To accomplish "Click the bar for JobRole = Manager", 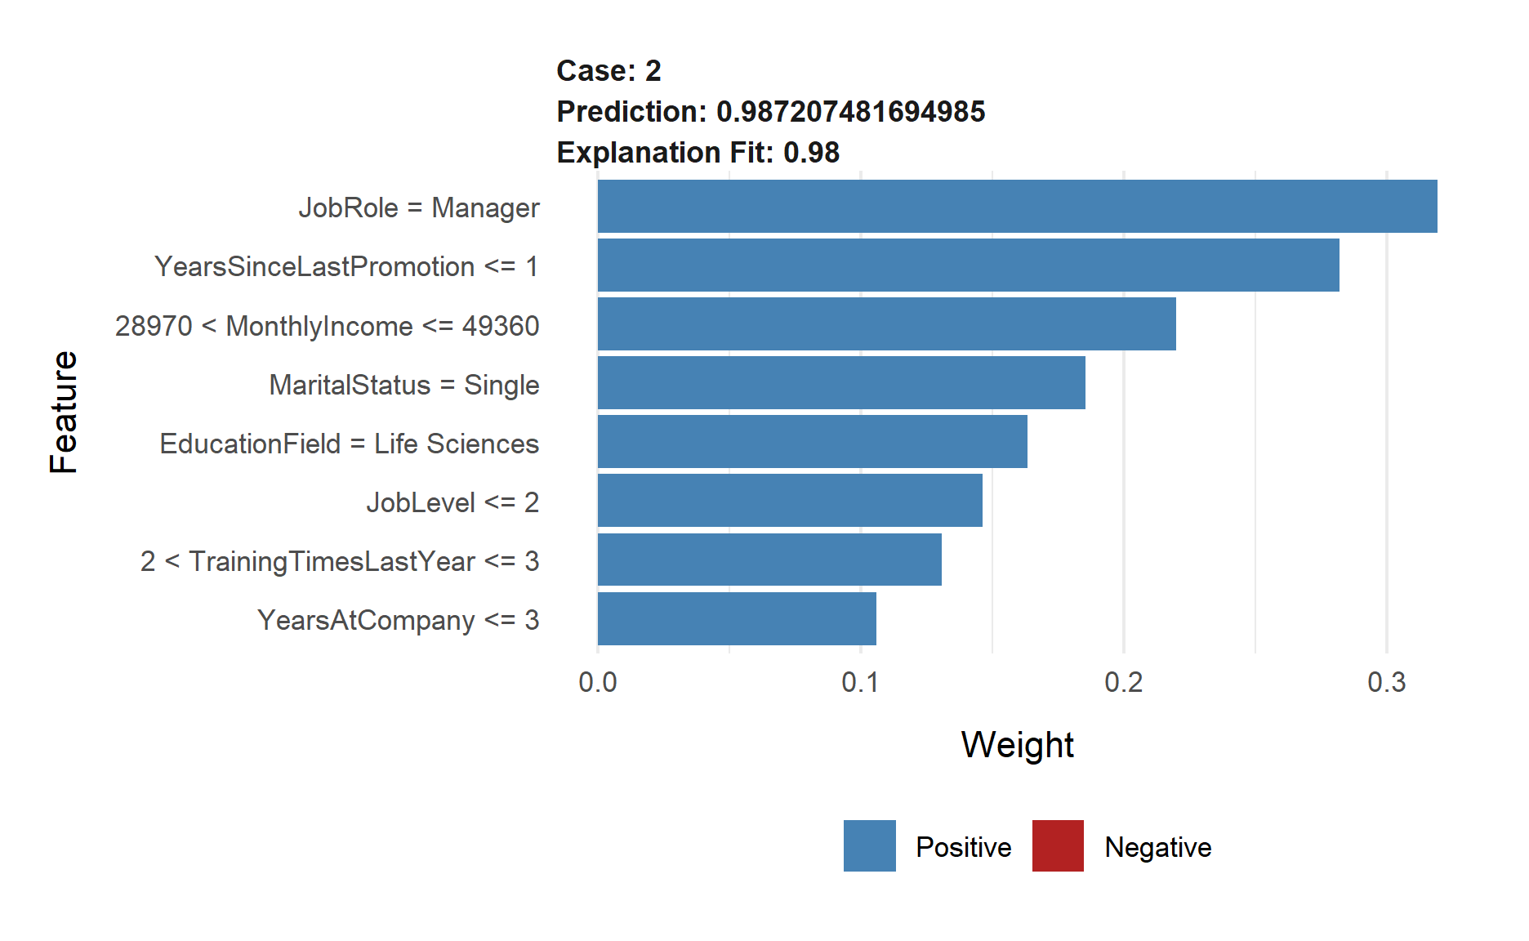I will [x=1017, y=207].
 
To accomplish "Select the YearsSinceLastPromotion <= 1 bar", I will [x=968, y=265].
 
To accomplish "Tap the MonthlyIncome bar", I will [x=886, y=324].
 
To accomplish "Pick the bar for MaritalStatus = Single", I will [x=841, y=383].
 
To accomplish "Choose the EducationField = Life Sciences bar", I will [x=812, y=442].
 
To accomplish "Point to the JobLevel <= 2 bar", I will [x=790, y=501].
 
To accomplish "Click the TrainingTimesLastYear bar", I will [x=769, y=560].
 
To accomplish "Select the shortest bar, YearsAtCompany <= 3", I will [x=737, y=619].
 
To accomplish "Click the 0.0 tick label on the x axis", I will [x=597, y=683].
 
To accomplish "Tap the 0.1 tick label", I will [x=860, y=683].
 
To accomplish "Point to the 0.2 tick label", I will [x=1123, y=683].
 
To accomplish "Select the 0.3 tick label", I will [x=1386, y=683].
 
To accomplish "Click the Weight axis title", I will [x=1017, y=745].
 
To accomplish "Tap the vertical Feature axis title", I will [x=64, y=413].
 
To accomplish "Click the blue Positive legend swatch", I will [x=869, y=846].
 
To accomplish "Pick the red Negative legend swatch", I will [x=1058, y=846].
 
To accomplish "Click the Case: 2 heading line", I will [x=608, y=71].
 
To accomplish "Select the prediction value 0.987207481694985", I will [x=850, y=112].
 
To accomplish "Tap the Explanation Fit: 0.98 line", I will [x=698, y=153].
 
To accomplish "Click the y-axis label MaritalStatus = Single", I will [x=404, y=385].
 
